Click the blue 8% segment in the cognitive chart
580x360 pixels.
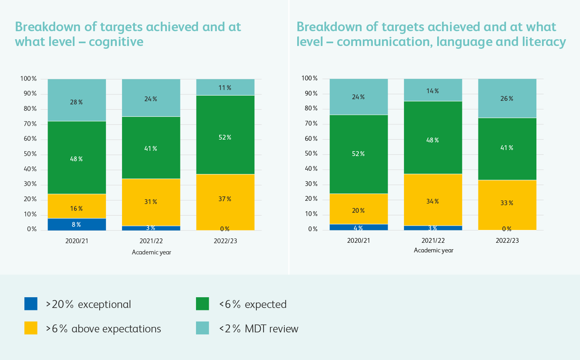pyautogui.click(x=77, y=224)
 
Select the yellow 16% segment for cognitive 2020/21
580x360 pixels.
pyautogui.click(x=77, y=206)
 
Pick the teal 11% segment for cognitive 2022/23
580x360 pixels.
pyautogui.click(x=225, y=87)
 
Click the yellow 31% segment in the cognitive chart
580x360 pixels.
pyautogui.click(x=151, y=202)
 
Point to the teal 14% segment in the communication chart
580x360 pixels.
pyautogui.click(x=433, y=90)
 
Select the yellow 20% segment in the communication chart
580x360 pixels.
pyautogui.click(x=359, y=209)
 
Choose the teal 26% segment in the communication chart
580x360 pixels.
pyautogui.click(x=507, y=98)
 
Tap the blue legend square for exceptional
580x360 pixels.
pyautogui.click(x=31, y=304)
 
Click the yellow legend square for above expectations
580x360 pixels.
pyautogui.click(x=31, y=328)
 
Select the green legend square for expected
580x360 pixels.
pyautogui.click(x=202, y=304)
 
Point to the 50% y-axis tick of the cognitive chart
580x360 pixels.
pyautogui.click(x=30, y=154)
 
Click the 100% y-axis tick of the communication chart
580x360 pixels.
pyautogui.click(x=310, y=78)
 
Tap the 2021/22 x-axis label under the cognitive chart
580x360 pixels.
pyautogui.click(x=151, y=241)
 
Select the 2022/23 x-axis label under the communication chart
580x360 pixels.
pyautogui.click(x=507, y=240)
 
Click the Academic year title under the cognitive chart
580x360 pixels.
pyautogui.click(x=152, y=252)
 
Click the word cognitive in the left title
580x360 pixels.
pyautogui.click(x=116, y=42)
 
